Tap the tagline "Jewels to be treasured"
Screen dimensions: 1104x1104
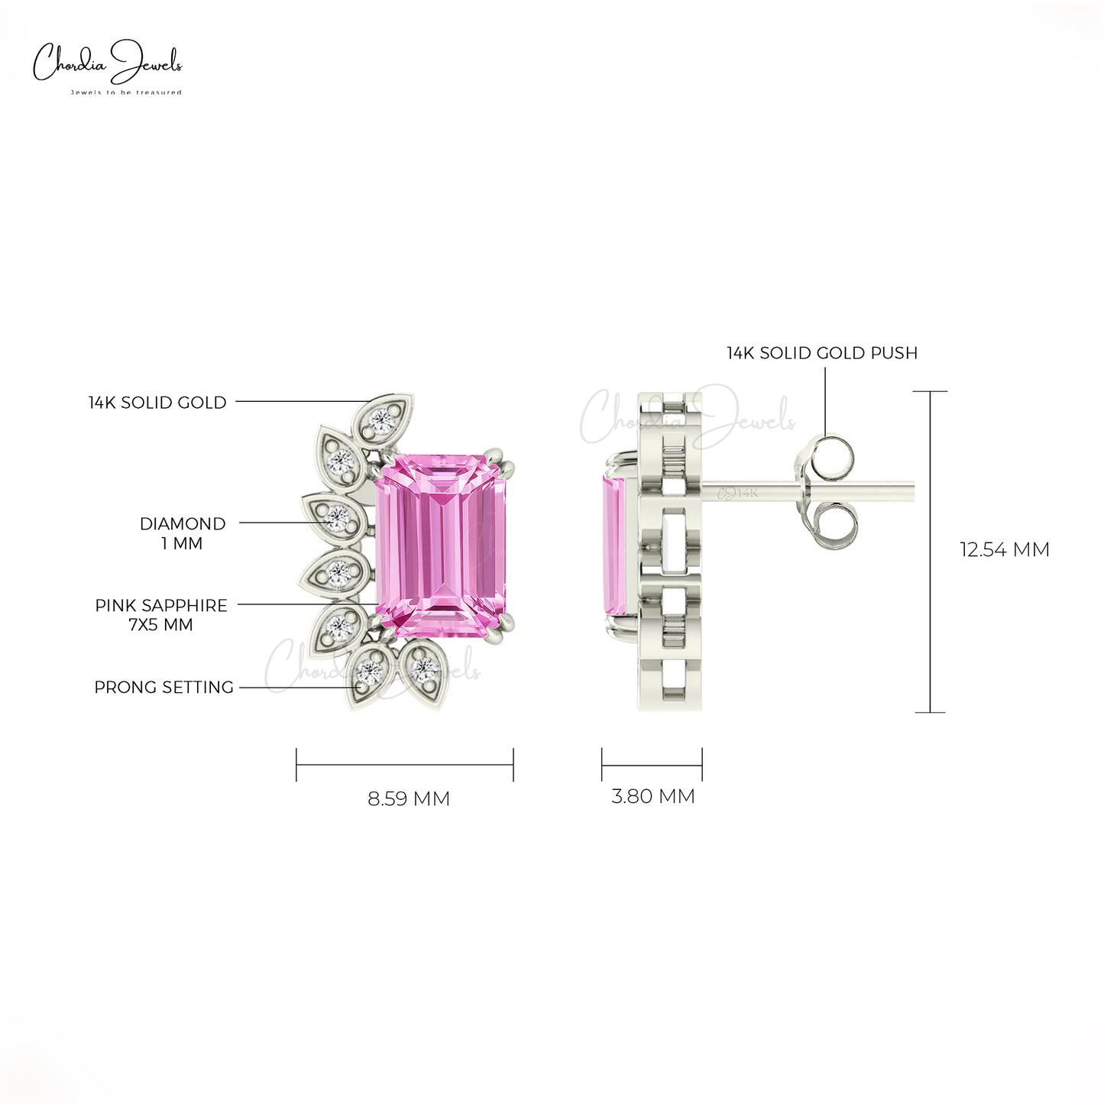tap(126, 92)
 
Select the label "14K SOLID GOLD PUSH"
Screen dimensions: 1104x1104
tap(822, 353)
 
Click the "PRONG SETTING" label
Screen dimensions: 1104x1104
tap(163, 687)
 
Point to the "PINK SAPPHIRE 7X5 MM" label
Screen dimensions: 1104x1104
tap(161, 615)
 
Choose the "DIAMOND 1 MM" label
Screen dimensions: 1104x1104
tap(182, 533)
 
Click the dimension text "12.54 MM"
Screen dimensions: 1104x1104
tap(1005, 550)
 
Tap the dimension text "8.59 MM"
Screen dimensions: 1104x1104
tap(409, 798)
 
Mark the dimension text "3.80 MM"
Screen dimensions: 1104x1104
tap(652, 796)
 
